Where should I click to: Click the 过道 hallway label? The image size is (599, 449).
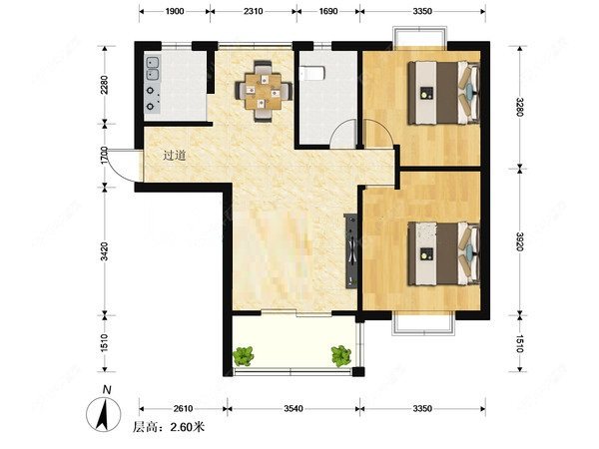pyautogui.click(x=174, y=156)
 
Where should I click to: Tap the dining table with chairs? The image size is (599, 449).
pyautogui.click(x=264, y=91)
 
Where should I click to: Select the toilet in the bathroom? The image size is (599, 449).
pyautogui.click(x=312, y=73)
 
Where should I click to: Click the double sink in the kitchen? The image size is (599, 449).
pyautogui.click(x=153, y=68)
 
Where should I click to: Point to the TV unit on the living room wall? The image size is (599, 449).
pyautogui.click(x=351, y=250)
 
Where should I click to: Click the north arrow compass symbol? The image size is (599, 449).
pyautogui.click(x=104, y=413)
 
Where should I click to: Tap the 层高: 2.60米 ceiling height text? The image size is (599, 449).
pyautogui.click(x=168, y=427)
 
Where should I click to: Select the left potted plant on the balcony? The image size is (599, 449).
pyautogui.click(x=244, y=356)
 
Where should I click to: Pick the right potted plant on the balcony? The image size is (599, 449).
pyautogui.click(x=341, y=356)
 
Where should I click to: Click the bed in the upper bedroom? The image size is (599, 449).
pyautogui.click(x=444, y=93)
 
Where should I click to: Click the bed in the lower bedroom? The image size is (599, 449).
pyautogui.click(x=444, y=253)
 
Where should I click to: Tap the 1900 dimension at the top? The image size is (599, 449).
pyautogui.click(x=175, y=11)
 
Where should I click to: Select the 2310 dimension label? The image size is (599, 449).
pyautogui.click(x=254, y=11)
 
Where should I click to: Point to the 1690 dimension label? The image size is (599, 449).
pyautogui.click(x=328, y=11)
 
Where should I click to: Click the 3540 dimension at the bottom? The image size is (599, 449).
pyautogui.click(x=294, y=408)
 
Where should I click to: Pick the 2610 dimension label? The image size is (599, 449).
pyautogui.click(x=183, y=408)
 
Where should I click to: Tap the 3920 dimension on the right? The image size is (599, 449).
pyautogui.click(x=519, y=241)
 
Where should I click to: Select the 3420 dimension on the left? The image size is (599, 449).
pyautogui.click(x=104, y=251)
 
